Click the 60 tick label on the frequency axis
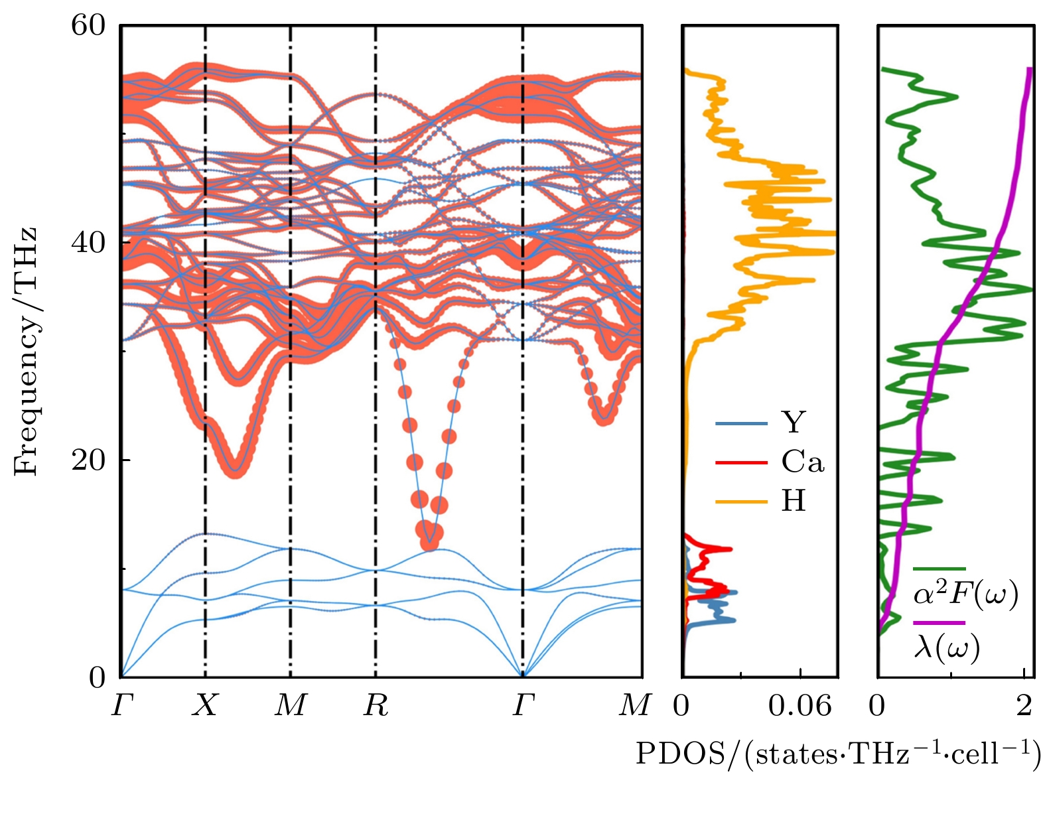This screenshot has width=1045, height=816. click(x=88, y=26)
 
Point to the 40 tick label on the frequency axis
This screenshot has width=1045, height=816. click(x=88, y=243)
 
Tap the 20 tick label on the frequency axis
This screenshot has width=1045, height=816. click(x=88, y=460)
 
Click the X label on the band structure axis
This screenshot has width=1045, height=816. click(x=205, y=705)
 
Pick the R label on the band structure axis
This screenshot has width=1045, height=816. click(x=376, y=705)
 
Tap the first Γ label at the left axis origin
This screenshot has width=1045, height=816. click(x=122, y=705)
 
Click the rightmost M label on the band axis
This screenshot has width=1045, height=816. click(x=634, y=705)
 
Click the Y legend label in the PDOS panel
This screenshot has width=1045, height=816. click(x=794, y=423)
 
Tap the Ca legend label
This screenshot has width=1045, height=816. click(x=803, y=462)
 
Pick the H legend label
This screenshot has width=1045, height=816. click(x=794, y=501)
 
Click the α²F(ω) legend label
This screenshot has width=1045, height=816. click(x=965, y=594)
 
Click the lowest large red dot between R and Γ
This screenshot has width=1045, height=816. click(x=430, y=543)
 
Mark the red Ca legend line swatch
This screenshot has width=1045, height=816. click(x=741, y=462)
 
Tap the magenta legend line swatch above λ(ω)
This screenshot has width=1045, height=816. click(x=939, y=623)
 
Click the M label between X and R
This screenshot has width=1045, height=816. click(x=291, y=705)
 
